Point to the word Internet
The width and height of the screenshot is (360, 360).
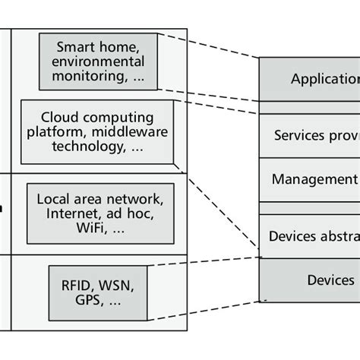click(74, 213)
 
